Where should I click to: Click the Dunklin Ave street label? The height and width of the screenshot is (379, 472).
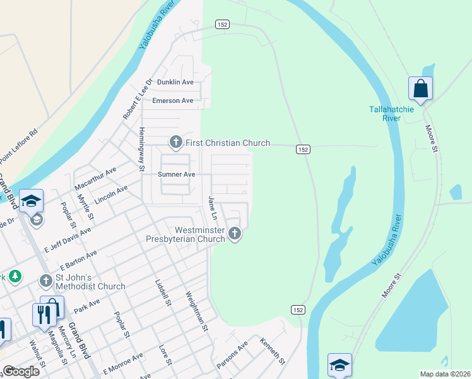[175, 82]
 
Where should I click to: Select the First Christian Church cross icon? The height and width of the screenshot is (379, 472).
[175, 143]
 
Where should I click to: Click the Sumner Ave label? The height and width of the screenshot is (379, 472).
[177, 174]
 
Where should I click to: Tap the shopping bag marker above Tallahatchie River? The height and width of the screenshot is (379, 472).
[420, 89]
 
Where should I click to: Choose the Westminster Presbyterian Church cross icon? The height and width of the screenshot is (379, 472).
[235, 234]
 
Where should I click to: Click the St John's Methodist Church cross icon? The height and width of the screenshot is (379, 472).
[46, 280]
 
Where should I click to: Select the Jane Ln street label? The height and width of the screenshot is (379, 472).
[213, 208]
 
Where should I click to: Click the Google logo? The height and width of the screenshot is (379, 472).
[21, 371]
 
